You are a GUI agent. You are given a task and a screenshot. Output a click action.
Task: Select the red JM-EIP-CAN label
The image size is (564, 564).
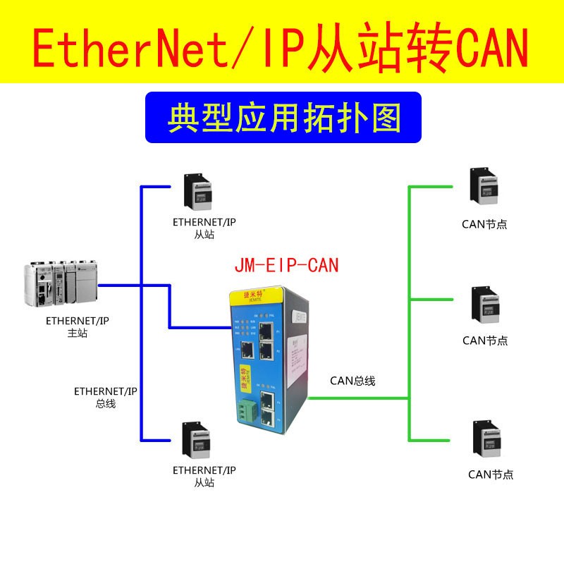point(286,265)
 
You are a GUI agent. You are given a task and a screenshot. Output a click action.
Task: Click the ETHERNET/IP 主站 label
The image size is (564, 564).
point(77,327)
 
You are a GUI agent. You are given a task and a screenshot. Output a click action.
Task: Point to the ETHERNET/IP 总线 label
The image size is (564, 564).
point(106,397)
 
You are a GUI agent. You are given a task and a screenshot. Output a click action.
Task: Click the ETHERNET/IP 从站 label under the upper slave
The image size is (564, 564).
point(204,228)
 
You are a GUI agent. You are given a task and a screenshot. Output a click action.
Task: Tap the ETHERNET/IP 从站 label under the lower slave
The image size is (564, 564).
point(204,476)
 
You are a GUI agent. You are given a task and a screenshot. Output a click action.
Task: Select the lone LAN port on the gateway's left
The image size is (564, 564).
point(247,348)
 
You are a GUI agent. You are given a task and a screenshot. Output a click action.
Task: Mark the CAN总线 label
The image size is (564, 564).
point(352,381)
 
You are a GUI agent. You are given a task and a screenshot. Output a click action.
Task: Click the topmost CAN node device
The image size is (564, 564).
point(484,187)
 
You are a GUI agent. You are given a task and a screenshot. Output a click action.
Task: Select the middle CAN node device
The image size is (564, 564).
point(484,305)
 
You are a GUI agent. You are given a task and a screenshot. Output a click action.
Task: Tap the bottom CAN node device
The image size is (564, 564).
point(484,439)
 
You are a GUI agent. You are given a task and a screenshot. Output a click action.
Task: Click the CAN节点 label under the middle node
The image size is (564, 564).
point(484,341)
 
